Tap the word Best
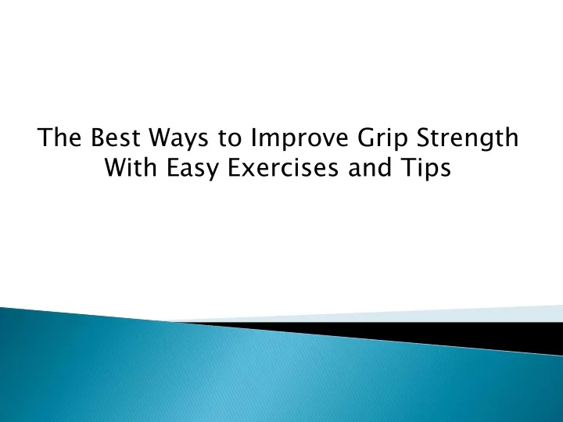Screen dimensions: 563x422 (115, 137)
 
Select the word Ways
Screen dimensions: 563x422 (179, 139)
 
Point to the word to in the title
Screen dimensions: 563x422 (229, 138)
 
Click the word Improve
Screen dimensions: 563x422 (299, 139)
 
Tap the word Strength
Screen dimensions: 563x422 (468, 139)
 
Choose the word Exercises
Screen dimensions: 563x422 (283, 167)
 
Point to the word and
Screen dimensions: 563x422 (369, 167)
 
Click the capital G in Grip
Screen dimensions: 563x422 (367, 137)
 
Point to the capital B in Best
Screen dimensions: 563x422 (98, 137)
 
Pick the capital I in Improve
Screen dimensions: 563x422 (253, 137)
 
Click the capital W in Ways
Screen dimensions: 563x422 (161, 137)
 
